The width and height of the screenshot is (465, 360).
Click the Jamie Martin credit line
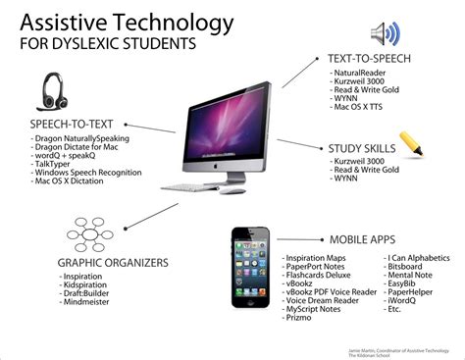tap(403, 348)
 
